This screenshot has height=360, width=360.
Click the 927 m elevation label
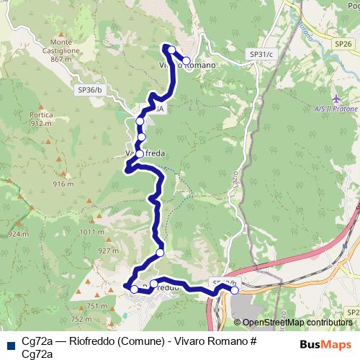(107, 251)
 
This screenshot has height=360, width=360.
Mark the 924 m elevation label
(17, 234)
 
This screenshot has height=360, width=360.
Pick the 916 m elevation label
(63, 184)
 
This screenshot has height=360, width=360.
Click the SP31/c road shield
(260, 54)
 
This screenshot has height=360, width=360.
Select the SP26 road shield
(343, 44)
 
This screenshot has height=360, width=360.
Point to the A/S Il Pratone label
(339, 109)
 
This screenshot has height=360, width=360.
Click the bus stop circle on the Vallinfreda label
(139, 153)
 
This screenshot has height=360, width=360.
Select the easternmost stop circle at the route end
(234, 290)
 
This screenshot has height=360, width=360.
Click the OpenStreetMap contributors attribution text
(297, 323)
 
